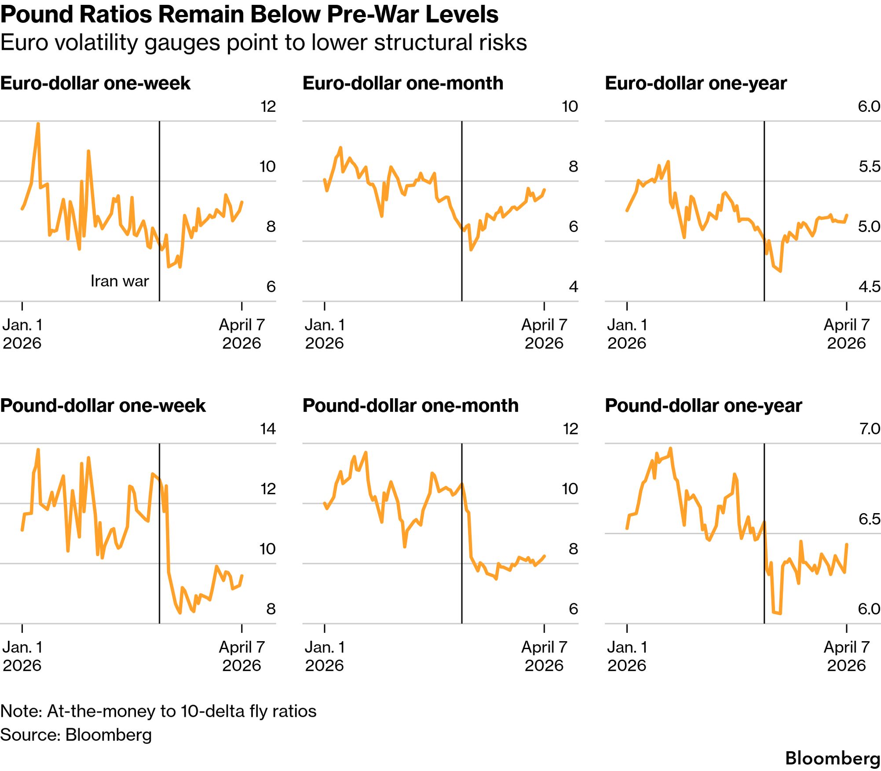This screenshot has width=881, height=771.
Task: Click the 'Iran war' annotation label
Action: click(x=120, y=281)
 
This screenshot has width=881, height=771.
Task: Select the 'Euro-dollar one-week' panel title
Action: click(x=95, y=83)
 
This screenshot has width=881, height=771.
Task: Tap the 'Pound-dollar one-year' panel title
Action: click(x=703, y=405)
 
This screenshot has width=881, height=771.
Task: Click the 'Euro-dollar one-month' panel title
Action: click(x=403, y=83)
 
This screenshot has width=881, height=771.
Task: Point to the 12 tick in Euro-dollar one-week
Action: click(x=268, y=106)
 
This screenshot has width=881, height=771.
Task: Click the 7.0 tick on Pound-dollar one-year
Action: click(x=870, y=429)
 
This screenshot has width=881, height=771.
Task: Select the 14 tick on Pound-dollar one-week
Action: click(x=268, y=429)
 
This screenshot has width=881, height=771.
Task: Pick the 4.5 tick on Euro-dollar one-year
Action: click(x=870, y=287)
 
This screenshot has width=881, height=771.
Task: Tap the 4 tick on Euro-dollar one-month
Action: click(x=573, y=287)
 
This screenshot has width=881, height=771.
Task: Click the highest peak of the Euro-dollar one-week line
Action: click(x=38, y=124)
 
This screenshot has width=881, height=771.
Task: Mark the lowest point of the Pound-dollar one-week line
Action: click(x=180, y=613)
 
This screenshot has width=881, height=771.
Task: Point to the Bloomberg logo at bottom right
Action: click(x=832, y=758)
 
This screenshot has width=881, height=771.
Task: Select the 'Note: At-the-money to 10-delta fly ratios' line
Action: click(x=158, y=711)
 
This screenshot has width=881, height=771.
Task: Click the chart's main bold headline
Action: click(x=249, y=15)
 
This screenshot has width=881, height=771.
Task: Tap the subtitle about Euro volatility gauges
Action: click(x=263, y=43)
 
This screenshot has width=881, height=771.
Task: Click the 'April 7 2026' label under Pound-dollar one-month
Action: click(x=544, y=656)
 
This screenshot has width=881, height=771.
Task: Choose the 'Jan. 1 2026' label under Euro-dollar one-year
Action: click(x=627, y=334)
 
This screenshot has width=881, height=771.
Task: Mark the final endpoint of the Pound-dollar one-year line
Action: click(x=847, y=544)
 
